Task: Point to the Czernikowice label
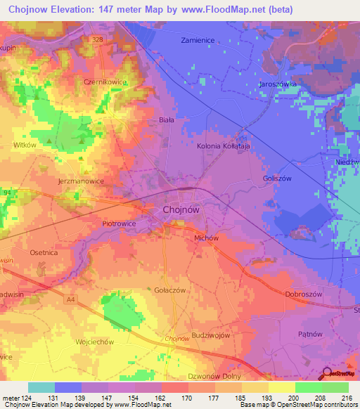click(x=105, y=82)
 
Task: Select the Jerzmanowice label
click(x=81, y=181)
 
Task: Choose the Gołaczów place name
click(x=169, y=290)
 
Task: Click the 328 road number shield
click(x=96, y=40)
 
